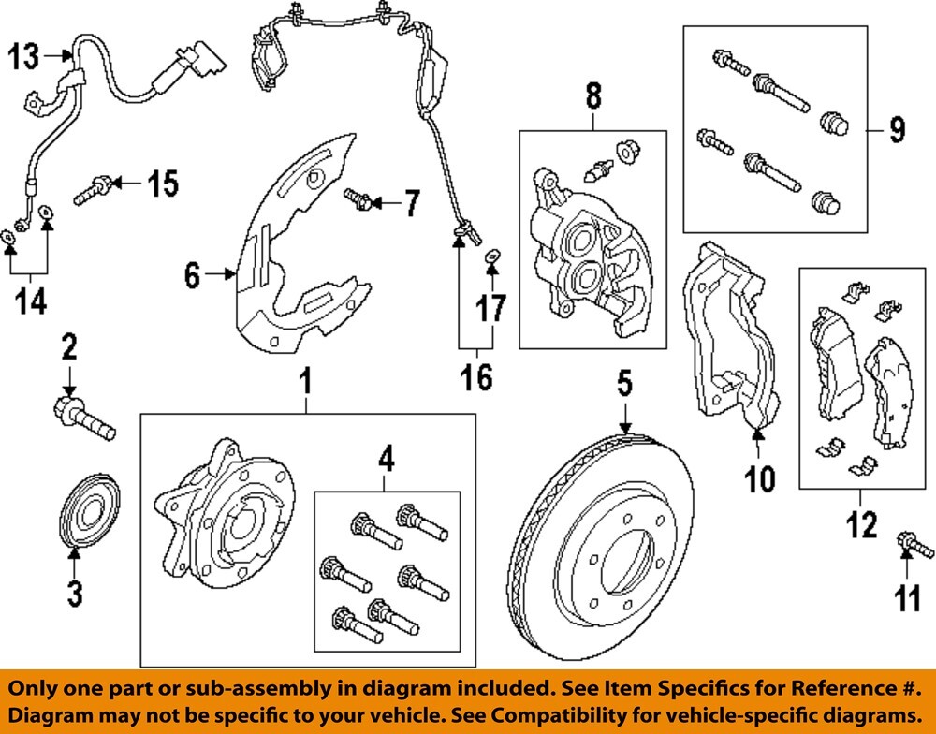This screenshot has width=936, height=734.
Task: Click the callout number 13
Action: tap(25, 58)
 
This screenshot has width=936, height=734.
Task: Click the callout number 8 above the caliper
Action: tap(593, 95)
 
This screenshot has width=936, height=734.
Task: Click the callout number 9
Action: tap(897, 130)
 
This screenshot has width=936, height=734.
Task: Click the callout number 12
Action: tap(861, 524)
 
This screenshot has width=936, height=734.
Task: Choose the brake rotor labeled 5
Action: tap(599, 552)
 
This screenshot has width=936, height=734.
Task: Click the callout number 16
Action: tap(476, 377)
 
